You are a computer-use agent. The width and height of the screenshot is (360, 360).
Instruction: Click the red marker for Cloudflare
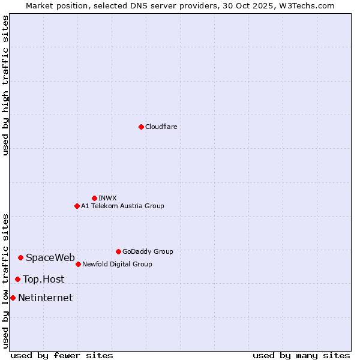click(141, 127)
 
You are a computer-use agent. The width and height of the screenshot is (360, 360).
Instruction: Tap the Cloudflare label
click(161, 127)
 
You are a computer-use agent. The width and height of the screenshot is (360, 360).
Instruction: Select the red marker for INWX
click(94, 198)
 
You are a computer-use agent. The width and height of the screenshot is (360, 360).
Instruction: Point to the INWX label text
click(107, 198)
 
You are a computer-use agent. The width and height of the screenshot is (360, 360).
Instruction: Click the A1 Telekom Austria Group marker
click(77, 206)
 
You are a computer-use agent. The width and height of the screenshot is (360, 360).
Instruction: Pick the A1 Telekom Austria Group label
click(122, 206)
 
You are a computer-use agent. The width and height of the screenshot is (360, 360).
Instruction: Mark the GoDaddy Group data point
click(118, 251)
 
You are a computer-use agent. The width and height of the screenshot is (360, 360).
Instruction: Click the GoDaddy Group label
click(148, 252)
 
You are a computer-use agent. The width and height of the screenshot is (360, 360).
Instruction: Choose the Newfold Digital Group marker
click(78, 264)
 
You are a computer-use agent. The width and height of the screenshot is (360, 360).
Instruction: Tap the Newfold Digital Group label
click(117, 265)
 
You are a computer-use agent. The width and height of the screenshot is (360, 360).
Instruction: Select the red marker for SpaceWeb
click(20, 257)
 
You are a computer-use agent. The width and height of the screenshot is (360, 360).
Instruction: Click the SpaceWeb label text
click(50, 258)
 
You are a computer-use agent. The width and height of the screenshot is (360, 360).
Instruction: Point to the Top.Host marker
click(17, 279)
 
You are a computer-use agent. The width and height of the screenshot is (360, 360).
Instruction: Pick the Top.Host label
click(44, 280)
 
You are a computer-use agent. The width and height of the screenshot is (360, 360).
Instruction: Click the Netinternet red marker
click(13, 298)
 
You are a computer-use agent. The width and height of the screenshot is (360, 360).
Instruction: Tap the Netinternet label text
click(46, 298)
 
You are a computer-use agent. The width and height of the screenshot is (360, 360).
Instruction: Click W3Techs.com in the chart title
click(310, 5)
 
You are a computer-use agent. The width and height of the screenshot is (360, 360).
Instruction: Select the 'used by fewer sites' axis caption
click(62, 355)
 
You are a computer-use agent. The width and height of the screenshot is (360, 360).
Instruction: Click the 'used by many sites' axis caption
click(301, 355)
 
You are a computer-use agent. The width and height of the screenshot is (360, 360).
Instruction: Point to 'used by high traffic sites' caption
click(5, 85)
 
